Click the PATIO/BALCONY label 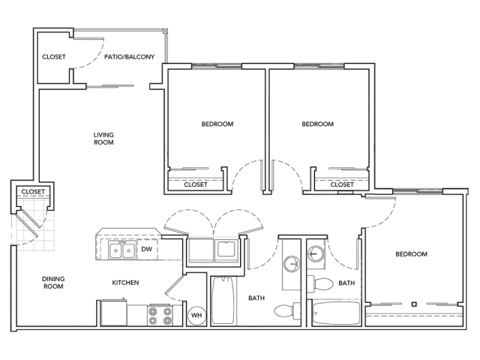coord(130,56)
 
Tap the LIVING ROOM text coord(103,138)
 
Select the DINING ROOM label coord(52,282)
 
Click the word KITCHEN coord(125,283)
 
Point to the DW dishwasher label coord(147,250)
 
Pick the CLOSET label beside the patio coord(53,56)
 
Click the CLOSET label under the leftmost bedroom coord(196,184)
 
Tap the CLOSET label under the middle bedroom coord(342,184)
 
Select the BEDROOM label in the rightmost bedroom coord(412,254)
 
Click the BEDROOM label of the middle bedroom coord(317,124)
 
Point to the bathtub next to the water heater coord(223,302)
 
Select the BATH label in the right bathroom coord(346,283)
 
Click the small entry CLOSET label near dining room coord(32,192)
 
